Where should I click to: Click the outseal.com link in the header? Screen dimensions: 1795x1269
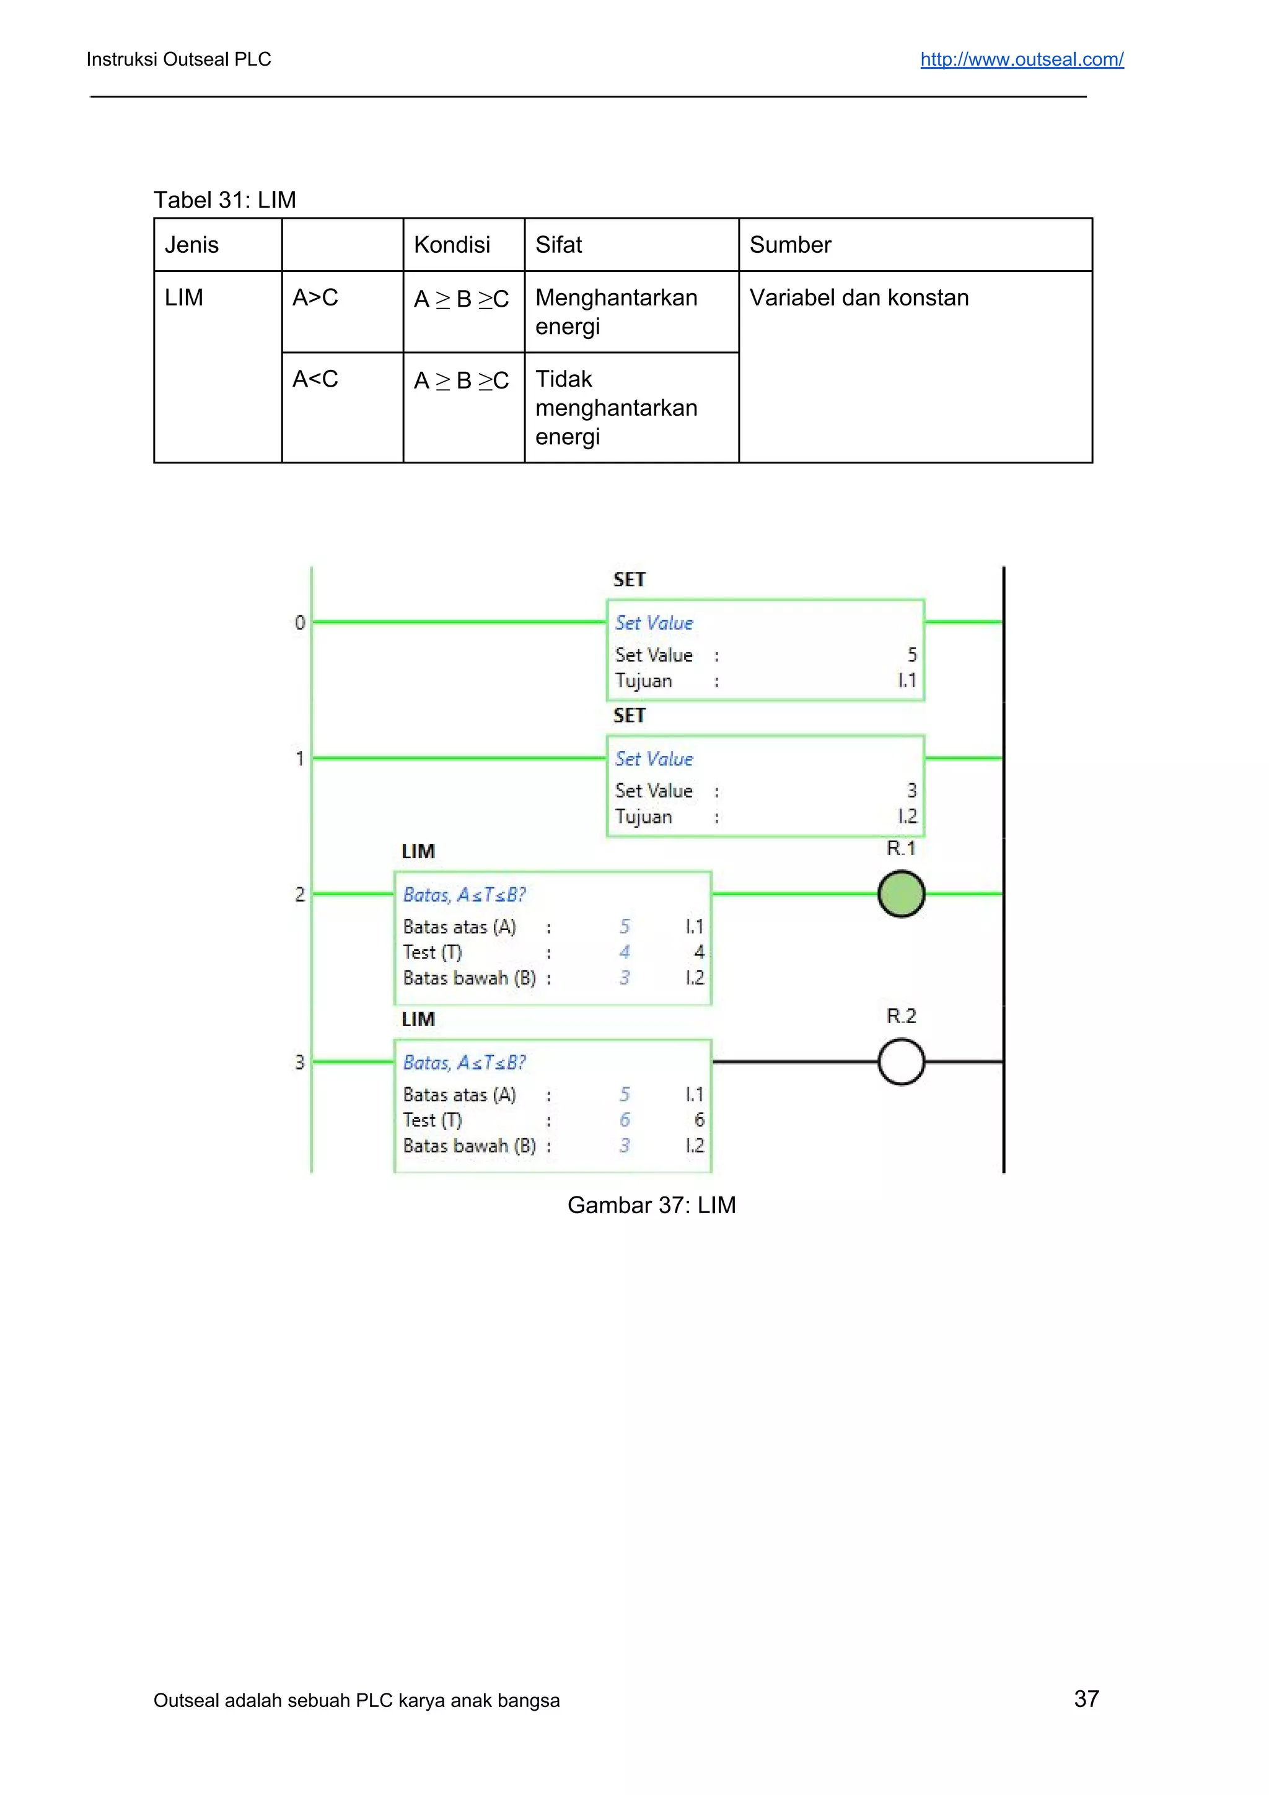click(1021, 59)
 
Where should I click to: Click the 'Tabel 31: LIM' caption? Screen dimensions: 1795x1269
click(224, 200)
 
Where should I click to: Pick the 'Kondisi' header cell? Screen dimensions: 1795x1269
click(452, 245)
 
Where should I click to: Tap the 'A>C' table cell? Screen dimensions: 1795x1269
click(315, 298)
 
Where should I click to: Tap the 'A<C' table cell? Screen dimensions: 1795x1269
click(315, 379)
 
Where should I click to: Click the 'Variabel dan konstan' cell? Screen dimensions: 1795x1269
click(859, 298)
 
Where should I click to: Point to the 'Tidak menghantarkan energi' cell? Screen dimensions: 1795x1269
click(616, 407)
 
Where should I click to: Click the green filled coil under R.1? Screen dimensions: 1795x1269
click(901, 893)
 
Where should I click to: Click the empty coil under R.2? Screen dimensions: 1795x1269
click(901, 1061)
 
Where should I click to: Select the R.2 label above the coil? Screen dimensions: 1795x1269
click(901, 1016)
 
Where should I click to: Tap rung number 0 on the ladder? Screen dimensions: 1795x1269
click(299, 623)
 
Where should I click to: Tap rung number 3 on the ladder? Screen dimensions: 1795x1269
click(299, 1061)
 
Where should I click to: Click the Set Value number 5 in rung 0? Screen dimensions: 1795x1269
click(911, 654)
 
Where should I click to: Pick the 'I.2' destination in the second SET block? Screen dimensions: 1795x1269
click(907, 816)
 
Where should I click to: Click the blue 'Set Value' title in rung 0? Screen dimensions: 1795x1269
click(654, 623)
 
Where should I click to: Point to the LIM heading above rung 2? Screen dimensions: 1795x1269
click(418, 851)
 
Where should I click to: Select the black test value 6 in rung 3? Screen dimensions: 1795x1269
click(699, 1120)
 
